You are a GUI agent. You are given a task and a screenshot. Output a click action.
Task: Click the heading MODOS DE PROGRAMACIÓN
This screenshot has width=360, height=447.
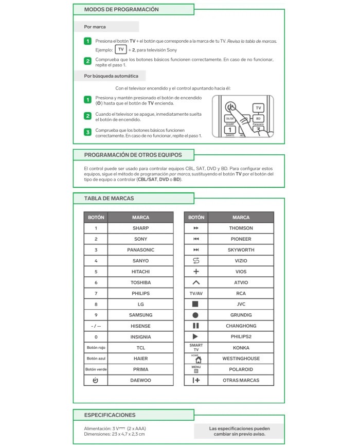121,9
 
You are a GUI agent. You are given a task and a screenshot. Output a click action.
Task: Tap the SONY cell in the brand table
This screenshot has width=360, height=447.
140,239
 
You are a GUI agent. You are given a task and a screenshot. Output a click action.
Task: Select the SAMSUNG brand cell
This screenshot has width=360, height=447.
140,315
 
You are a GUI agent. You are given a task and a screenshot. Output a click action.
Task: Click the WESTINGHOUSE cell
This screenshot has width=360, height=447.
241,359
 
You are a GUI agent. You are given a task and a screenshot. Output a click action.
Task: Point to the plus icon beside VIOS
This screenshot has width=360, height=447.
195,272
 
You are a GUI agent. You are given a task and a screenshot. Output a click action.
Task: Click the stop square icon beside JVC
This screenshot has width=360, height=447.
195,304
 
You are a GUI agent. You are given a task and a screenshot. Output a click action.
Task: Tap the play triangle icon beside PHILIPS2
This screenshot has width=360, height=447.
195,336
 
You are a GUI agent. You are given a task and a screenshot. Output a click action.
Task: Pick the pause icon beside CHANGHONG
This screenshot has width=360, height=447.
195,326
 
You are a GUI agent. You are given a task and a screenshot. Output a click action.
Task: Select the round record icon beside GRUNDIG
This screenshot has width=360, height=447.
195,315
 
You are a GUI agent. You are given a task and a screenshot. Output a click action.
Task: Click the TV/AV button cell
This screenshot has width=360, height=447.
195,293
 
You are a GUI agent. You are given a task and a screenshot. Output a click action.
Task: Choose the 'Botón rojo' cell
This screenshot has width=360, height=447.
96,348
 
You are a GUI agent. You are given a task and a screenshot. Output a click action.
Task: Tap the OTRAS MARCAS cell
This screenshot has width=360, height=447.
241,380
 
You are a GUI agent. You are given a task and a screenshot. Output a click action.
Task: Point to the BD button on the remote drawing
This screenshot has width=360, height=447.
258,119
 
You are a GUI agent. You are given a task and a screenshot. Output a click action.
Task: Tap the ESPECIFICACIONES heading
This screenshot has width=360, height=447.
110,415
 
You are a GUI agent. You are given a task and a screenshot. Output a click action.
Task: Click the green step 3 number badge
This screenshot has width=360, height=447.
88,132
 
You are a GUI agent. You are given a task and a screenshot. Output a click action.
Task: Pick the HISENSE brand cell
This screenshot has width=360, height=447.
140,326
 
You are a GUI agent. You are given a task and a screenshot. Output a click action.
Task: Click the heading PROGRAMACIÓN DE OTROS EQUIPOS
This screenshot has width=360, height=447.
133,154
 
